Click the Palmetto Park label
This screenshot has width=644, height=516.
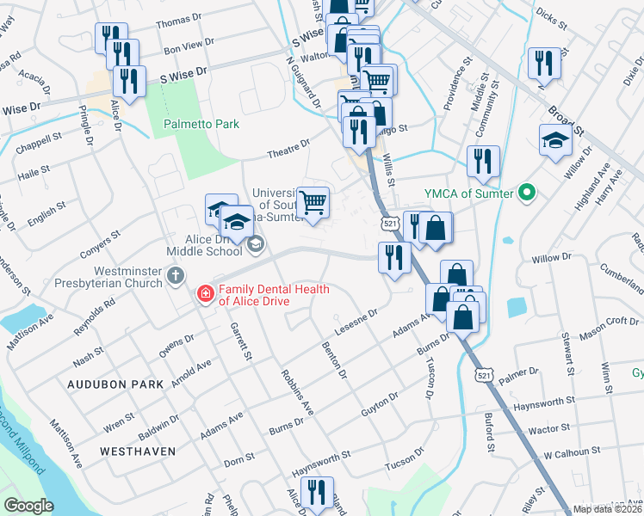(x=201, y=124)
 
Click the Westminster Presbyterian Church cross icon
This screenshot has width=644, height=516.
(x=176, y=276)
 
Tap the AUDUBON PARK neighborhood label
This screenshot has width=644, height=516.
(x=114, y=384)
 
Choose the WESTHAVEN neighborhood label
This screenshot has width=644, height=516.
(x=138, y=451)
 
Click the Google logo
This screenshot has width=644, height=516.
(x=28, y=505)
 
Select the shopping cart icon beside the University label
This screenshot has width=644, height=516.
(x=314, y=203)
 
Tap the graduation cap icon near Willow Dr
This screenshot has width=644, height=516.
(x=555, y=140)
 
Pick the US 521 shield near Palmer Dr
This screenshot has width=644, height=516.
(x=483, y=375)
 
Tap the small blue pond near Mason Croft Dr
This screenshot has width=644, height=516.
(x=517, y=306)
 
